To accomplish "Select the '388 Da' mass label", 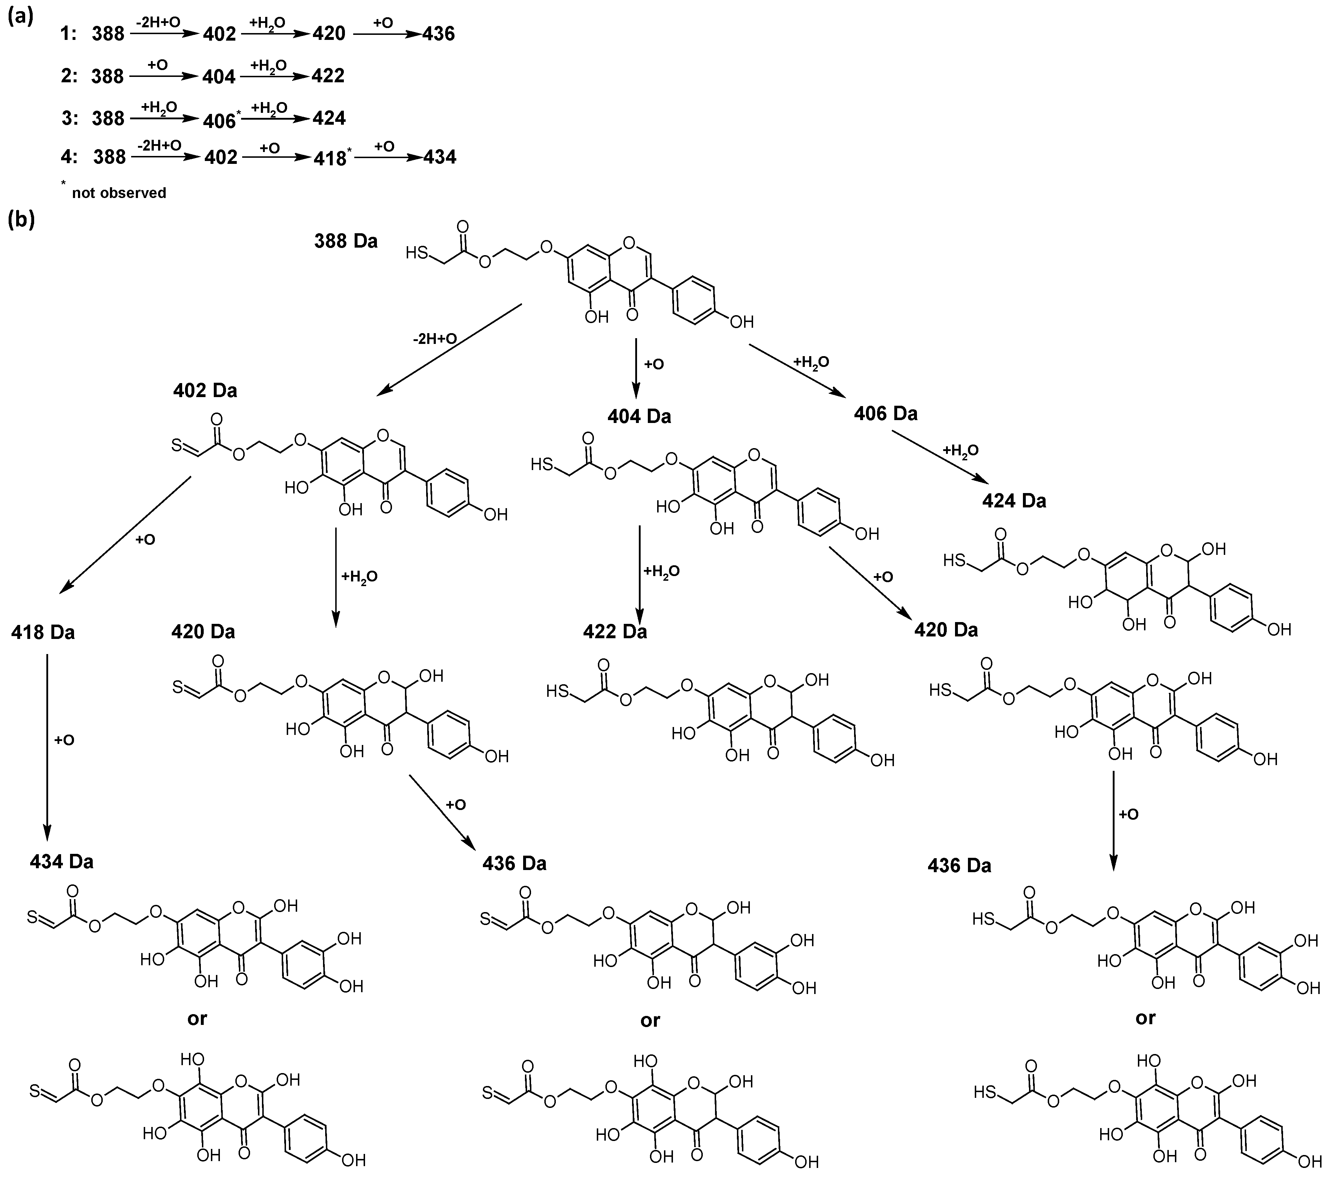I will pyautogui.click(x=346, y=241).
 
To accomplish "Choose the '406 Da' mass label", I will pyautogui.click(x=886, y=414).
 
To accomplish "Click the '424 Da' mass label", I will pyautogui.click(x=1014, y=501).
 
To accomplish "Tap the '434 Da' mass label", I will pyautogui.click(x=61, y=862).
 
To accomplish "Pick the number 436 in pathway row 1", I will pyautogui.click(x=438, y=34).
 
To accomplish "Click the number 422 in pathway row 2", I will pyautogui.click(x=328, y=76).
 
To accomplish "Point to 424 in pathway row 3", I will pyautogui.click(x=329, y=118).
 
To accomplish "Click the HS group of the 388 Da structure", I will pyautogui.click(x=418, y=252).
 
